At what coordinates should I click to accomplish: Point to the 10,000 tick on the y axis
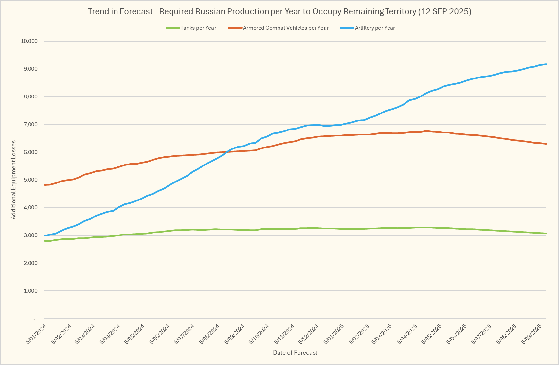29,41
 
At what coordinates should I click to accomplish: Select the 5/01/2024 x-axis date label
36,334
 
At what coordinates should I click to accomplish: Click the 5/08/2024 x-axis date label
209,334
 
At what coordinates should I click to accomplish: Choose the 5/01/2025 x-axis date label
334,334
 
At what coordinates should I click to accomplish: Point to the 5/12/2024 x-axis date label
309,334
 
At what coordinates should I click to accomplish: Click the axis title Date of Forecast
295,353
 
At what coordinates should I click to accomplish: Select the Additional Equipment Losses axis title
13,180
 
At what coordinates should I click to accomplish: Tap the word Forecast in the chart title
136,12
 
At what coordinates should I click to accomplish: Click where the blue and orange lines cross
227,152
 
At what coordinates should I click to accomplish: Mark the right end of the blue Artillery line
546,64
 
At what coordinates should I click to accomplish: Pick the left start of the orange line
45,185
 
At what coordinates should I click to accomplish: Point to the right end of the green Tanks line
546,234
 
